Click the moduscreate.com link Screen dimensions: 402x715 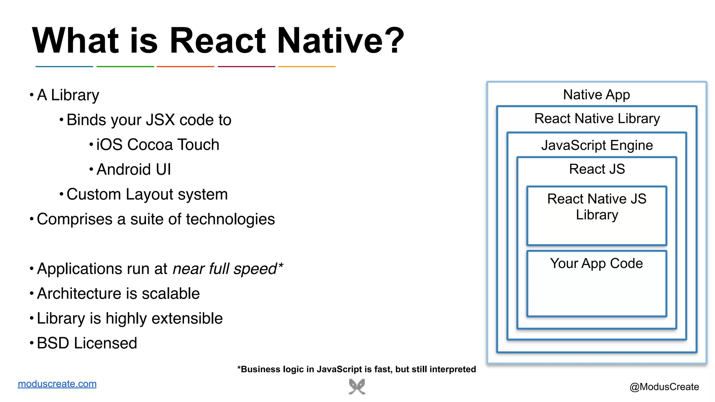coord(57,384)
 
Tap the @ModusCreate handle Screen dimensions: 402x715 coord(664,387)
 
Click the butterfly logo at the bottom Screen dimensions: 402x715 coord(357,387)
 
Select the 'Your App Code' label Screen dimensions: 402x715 coord(596,263)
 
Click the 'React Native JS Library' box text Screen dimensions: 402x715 coord(597,207)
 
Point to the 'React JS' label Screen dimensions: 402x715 coord(597,169)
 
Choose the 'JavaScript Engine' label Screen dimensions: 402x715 coord(597,145)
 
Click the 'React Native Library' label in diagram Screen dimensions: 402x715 coord(597,119)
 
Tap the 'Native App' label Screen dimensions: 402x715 coord(596,95)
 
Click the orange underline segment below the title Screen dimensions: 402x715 coord(307,66)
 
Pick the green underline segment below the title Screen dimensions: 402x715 coord(125,66)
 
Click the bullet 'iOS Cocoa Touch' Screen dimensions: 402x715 coord(157,145)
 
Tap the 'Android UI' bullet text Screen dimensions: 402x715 coord(133,170)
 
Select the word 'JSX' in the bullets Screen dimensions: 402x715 coord(160,120)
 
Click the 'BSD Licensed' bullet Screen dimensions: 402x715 coord(87,343)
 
